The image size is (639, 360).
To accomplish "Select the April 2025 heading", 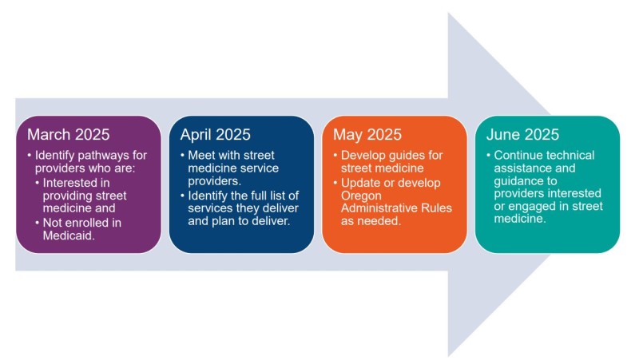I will [x=215, y=134].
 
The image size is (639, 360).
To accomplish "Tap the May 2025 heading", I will [x=367, y=134].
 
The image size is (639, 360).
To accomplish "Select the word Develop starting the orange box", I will [x=364, y=154].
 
